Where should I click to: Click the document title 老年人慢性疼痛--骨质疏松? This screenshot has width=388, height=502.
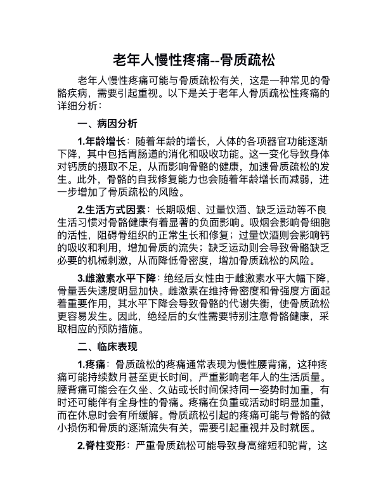pyautogui.click(x=194, y=61)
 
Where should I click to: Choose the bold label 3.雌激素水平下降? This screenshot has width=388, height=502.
pyautogui.click(x=118, y=278)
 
